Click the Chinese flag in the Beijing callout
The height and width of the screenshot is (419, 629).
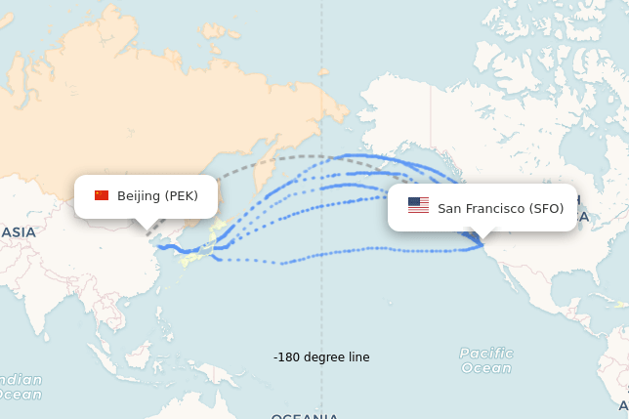pos(102,195)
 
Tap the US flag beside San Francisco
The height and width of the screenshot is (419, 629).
pos(418,205)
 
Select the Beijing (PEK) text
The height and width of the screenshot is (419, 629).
pos(157,196)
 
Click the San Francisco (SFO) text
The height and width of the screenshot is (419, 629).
pos(500,208)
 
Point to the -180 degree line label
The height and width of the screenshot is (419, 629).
pos(321,357)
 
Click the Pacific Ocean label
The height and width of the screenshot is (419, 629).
pos(485,360)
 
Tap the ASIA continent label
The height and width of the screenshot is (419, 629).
pos(18,232)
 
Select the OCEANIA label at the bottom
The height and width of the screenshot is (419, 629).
pos(305,416)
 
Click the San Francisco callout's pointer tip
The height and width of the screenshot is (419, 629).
pos(482,241)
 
